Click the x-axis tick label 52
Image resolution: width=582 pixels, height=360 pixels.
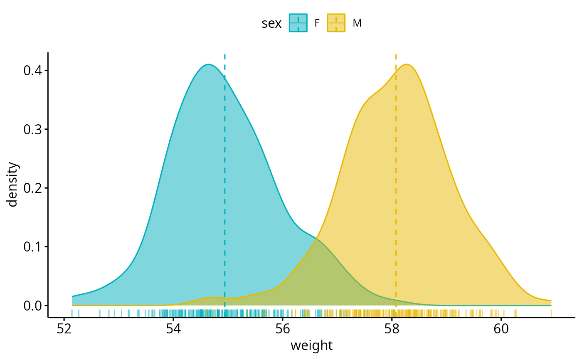pyautogui.click(x=64, y=329)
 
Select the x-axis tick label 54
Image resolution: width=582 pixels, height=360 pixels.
pyautogui.click(x=173, y=329)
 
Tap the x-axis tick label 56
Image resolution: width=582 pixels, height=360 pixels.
pyautogui.click(x=283, y=329)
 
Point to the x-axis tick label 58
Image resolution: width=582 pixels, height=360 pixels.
pyautogui.click(x=392, y=329)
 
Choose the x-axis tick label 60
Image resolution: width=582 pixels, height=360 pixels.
pyautogui.click(x=501, y=329)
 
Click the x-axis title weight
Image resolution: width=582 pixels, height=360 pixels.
pyautogui.click(x=311, y=345)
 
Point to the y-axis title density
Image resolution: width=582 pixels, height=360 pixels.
pyautogui.click(x=13, y=185)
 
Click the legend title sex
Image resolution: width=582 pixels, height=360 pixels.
pyautogui.click(x=271, y=24)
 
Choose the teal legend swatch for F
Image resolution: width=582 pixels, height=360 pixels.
pyautogui.click(x=298, y=23)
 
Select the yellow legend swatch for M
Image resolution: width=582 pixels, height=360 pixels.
pyautogui.click(x=336, y=23)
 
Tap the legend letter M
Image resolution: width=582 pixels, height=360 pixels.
pyautogui.click(x=357, y=24)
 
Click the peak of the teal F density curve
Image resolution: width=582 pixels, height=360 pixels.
pyautogui.click(x=208, y=64)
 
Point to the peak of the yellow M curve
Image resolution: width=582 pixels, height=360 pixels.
pyautogui.click(x=407, y=64)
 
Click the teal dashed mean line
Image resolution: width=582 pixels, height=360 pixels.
pyautogui.click(x=224, y=187)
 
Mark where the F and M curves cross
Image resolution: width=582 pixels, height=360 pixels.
pyautogui.click(x=317, y=239)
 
